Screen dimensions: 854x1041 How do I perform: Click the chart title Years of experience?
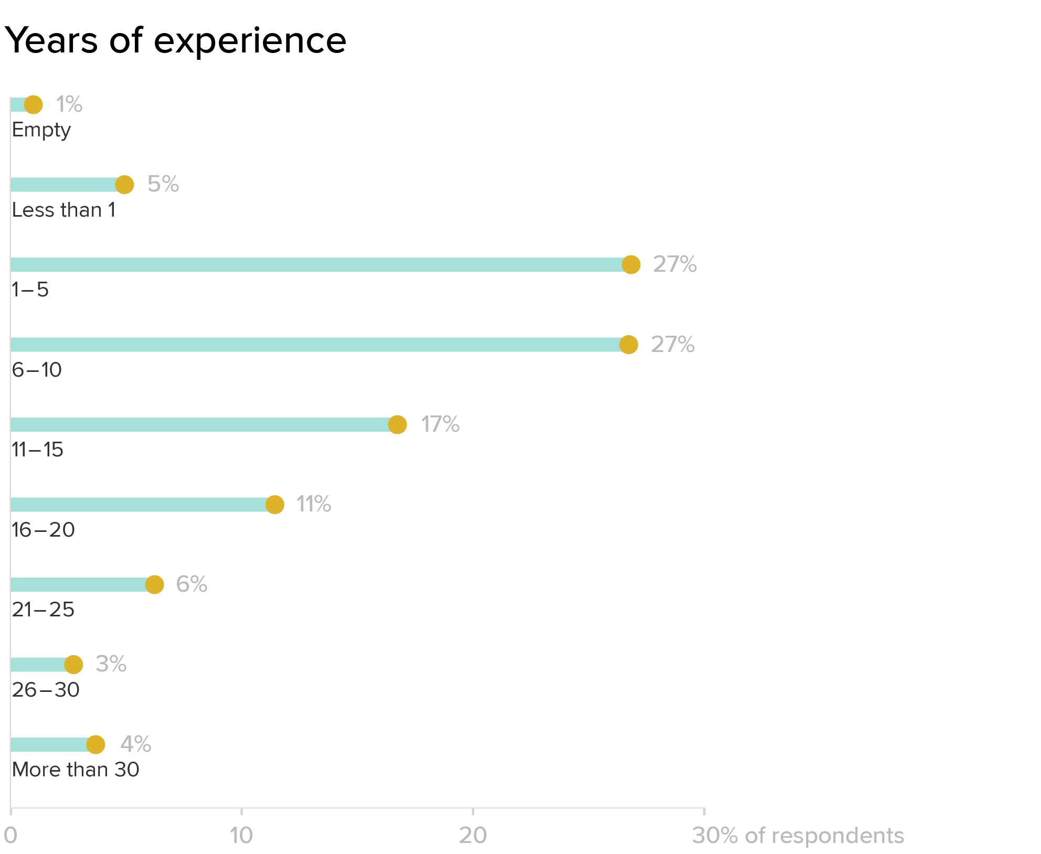175,40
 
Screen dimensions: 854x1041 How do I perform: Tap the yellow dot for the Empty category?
34,104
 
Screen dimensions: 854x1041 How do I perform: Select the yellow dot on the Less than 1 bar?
124,185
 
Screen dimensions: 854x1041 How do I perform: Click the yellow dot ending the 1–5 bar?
631,264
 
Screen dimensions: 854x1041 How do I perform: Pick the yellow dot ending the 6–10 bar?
629,345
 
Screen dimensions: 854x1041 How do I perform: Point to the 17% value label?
440,424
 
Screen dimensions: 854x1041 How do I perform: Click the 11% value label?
313,504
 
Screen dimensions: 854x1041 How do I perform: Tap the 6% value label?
192,584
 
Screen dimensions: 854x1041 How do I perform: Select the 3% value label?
111,664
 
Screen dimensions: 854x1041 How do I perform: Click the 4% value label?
135,744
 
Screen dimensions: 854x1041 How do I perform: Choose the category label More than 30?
76,770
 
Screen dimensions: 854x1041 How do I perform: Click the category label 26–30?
46,690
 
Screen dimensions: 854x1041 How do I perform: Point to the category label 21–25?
43,610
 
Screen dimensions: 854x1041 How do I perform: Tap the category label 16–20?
43,530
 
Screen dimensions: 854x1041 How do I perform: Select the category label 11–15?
37,450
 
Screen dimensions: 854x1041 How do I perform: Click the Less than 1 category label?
63,210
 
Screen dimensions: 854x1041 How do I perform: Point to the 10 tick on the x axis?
241,836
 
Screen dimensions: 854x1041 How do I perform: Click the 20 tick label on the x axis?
473,836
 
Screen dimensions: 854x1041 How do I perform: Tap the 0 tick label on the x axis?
10,836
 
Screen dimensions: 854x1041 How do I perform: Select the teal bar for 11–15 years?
199,424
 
